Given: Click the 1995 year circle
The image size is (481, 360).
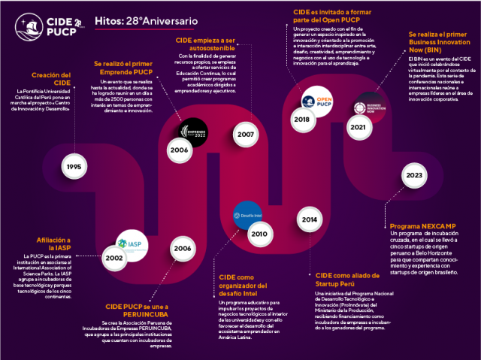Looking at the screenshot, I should point(73,166).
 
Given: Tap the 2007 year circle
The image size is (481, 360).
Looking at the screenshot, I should point(244,134).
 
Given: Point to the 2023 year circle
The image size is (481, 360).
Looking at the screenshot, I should point(413,175).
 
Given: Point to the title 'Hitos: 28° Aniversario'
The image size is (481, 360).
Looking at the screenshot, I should point(147,22).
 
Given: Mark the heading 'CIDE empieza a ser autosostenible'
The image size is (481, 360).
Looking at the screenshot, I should point(205,44).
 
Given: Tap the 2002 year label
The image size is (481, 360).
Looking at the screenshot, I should point(114,258).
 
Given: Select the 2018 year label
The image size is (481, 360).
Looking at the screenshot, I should point(302,119).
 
